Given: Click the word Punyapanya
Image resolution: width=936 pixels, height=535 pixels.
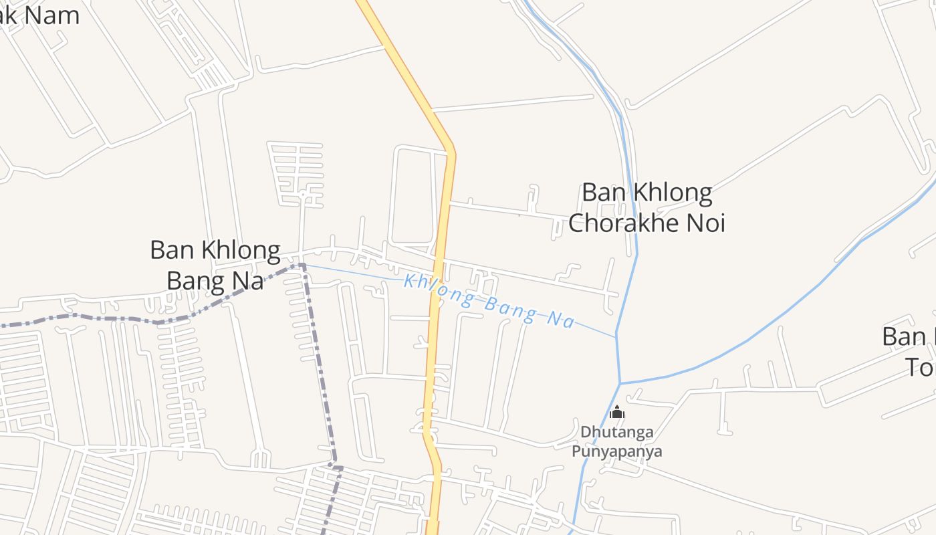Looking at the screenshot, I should pyautogui.click(x=616, y=451).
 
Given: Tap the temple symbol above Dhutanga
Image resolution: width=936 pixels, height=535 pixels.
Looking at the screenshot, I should pyautogui.click(x=617, y=412).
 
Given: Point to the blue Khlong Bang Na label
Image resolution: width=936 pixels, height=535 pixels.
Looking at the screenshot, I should pyautogui.click(x=489, y=302).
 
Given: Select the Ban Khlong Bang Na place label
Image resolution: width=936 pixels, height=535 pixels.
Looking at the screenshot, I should pyautogui.click(x=215, y=265).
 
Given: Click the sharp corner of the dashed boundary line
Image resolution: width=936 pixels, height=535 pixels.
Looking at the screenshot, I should pyautogui.click(x=303, y=265).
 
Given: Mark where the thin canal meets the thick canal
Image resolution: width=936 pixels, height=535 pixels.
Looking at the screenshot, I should pyautogui.click(x=616, y=336).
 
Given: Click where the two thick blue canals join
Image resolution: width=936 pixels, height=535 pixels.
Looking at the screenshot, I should pyautogui.click(x=620, y=383).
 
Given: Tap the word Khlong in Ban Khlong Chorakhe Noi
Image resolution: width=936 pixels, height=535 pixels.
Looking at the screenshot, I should pyautogui.click(x=671, y=193).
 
